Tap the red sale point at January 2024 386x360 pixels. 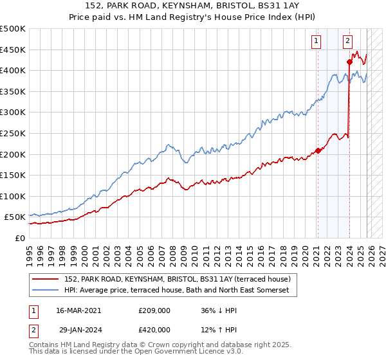(349, 62)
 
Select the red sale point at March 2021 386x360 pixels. (318, 151)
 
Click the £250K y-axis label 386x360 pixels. (13, 133)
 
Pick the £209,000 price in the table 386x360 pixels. (154, 310)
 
